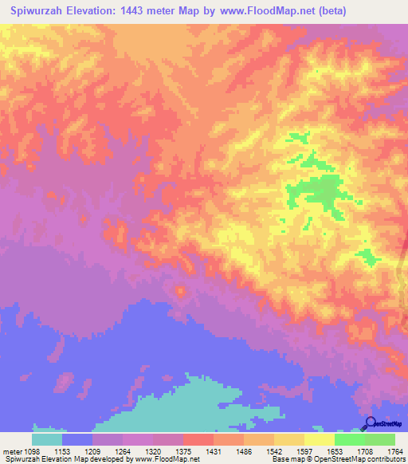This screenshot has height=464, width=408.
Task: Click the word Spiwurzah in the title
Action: point(39,11)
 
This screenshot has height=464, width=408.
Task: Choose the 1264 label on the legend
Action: point(122,451)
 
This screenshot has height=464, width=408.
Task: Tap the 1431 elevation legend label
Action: point(213,451)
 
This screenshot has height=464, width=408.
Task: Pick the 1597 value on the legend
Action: point(304,451)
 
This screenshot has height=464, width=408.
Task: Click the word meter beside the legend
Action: point(11,451)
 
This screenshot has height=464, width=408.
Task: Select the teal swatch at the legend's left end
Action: point(47,439)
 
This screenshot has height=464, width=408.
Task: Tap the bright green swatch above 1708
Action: point(350,439)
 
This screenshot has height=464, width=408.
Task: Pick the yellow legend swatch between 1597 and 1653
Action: point(320,439)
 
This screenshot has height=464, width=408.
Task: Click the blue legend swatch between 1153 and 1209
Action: point(77,439)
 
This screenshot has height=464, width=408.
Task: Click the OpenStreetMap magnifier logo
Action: point(370,423)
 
